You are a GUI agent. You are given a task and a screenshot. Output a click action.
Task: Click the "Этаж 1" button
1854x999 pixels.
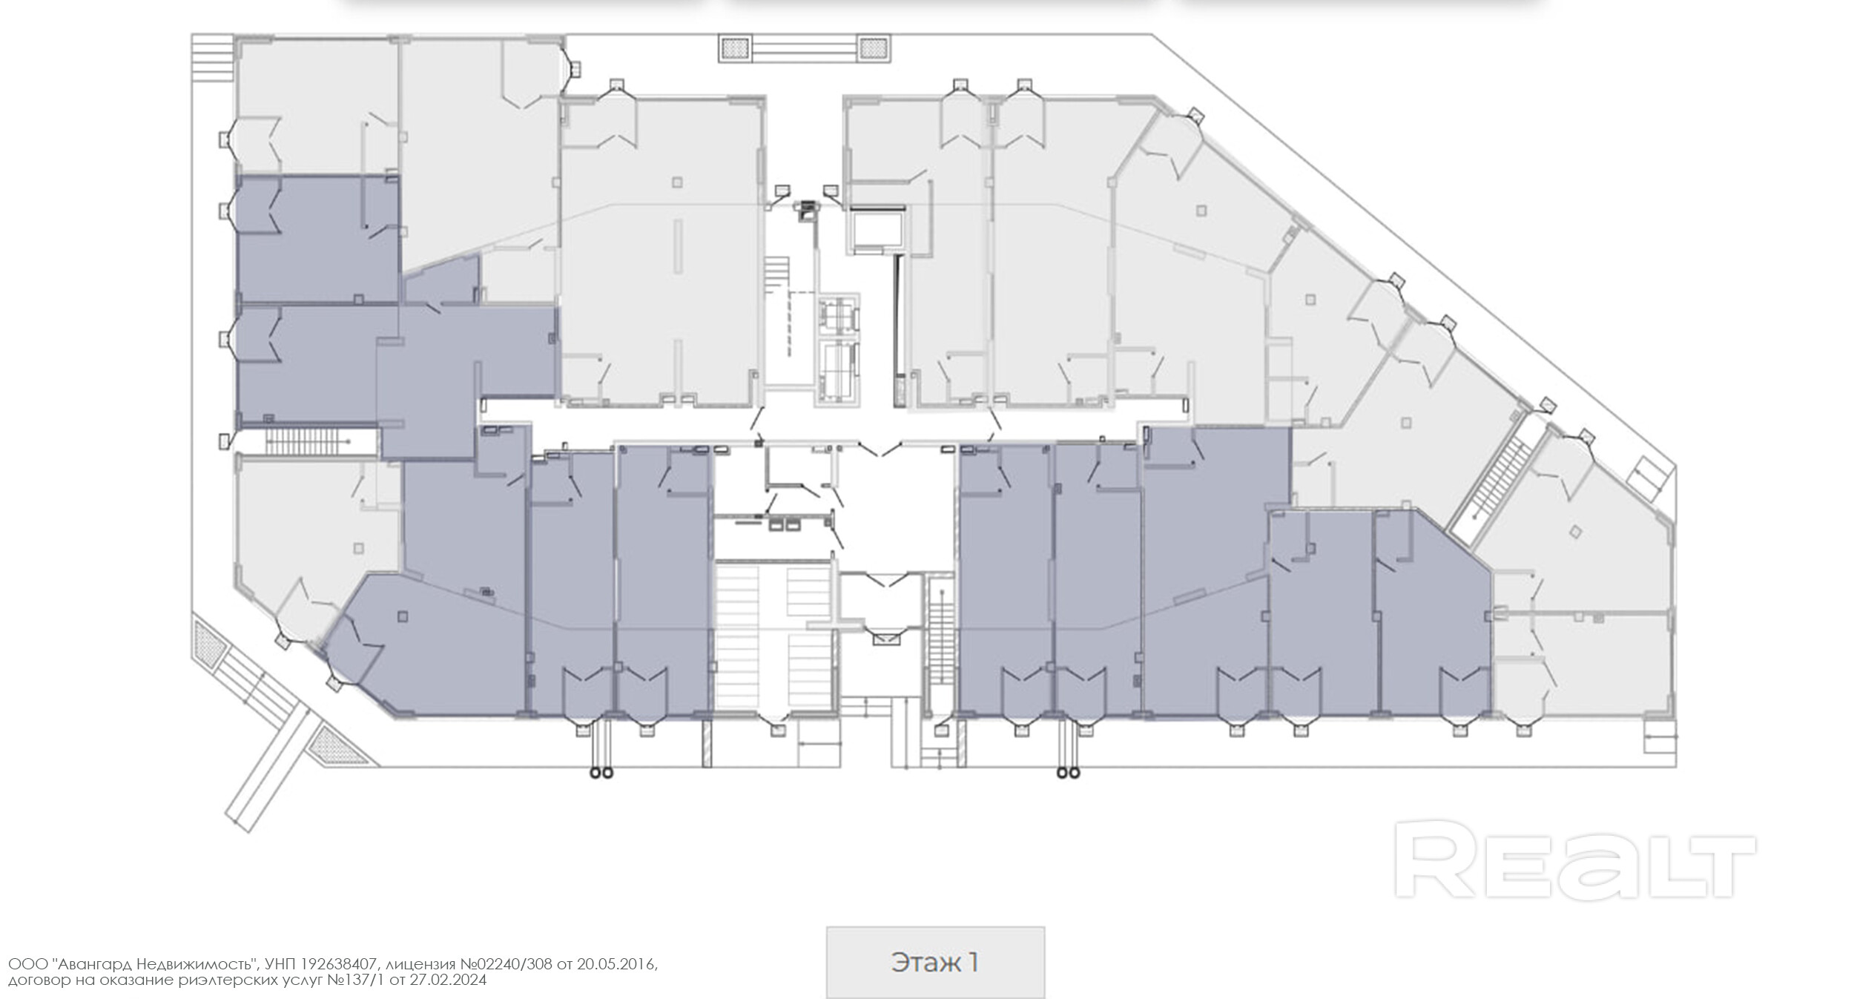(935, 963)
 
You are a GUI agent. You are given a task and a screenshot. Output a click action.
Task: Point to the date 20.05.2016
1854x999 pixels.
(616, 964)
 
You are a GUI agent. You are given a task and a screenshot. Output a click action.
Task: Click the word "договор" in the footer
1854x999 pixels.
(39, 980)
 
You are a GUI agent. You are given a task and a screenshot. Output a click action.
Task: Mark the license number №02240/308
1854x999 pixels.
(507, 964)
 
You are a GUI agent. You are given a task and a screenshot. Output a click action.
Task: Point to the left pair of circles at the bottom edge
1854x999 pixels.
(600, 773)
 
